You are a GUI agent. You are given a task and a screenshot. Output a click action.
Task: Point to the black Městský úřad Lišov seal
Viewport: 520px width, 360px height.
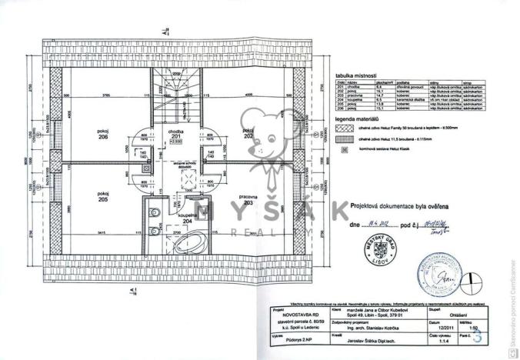pyautogui.click(x=375, y=251)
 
